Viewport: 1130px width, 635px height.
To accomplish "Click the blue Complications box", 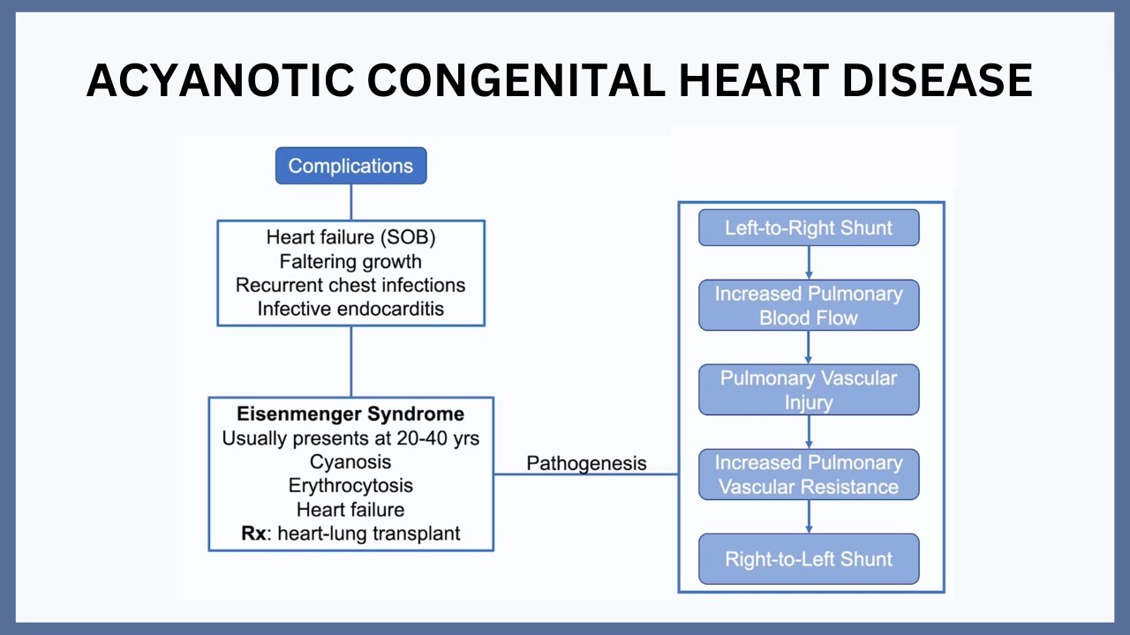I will pyautogui.click(x=350, y=166).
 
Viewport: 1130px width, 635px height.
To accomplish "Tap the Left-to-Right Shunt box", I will pyautogui.click(x=809, y=228).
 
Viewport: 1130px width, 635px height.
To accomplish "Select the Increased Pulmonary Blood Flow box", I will pyautogui.click(x=809, y=305).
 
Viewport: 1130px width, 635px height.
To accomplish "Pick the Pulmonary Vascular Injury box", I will pyautogui.click(x=809, y=390).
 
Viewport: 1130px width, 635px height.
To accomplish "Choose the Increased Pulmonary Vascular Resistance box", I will pyautogui.click(x=809, y=474).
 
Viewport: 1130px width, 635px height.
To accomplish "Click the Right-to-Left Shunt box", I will pyautogui.click(x=809, y=559).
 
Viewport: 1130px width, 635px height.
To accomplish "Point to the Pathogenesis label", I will pyautogui.click(x=586, y=463).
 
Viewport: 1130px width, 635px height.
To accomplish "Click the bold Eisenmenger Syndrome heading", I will pyautogui.click(x=350, y=414).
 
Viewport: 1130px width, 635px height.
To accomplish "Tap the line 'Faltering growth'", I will pyautogui.click(x=350, y=261).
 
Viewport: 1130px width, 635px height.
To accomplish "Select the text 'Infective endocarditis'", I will pyautogui.click(x=350, y=309).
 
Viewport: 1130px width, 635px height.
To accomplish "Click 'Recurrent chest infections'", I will pyautogui.click(x=350, y=285).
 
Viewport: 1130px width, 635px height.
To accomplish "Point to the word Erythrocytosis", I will pyautogui.click(x=350, y=485).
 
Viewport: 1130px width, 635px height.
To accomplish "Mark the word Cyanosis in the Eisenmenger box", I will pyautogui.click(x=350, y=461).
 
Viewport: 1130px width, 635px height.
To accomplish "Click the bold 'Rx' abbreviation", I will pyautogui.click(x=253, y=534).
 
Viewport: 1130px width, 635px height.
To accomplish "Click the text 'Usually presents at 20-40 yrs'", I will pyautogui.click(x=350, y=437).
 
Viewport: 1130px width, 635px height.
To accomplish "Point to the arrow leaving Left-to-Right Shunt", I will pyautogui.click(x=809, y=263).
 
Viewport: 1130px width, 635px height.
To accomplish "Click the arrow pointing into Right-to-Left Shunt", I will pyautogui.click(x=809, y=518).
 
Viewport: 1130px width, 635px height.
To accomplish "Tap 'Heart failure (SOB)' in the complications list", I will pyautogui.click(x=350, y=237).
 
